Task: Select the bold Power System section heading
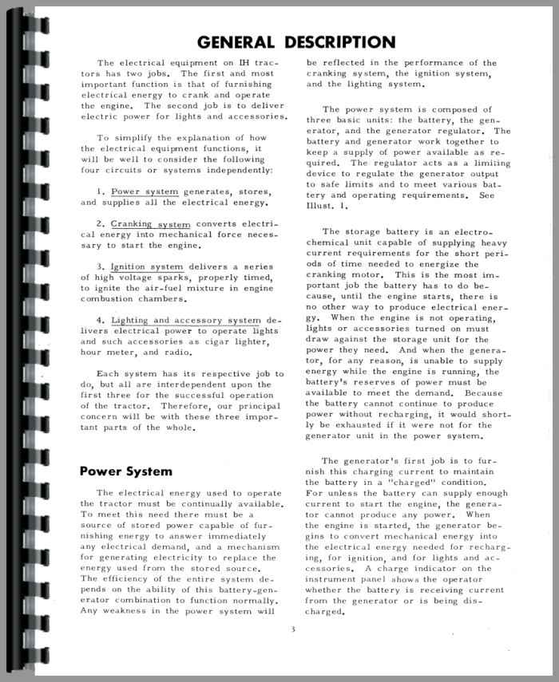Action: (x=125, y=471)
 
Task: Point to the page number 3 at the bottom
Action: (x=293, y=629)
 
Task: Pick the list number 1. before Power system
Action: (x=101, y=191)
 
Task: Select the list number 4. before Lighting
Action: (x=101, y=320)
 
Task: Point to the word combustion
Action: (x=113, y=298)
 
